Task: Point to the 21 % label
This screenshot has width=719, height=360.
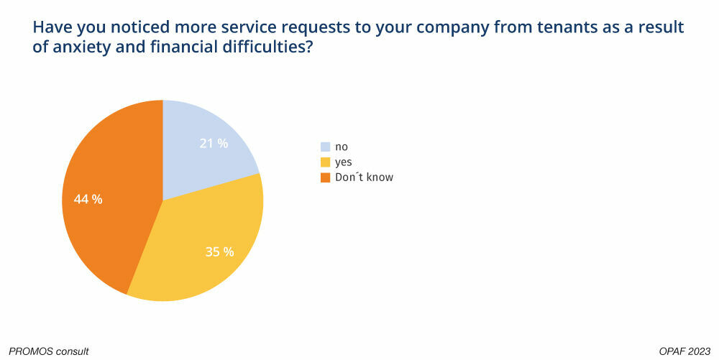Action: (214, 143)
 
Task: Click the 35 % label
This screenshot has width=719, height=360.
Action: (219, 251)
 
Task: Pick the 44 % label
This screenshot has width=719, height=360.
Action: (88, 199)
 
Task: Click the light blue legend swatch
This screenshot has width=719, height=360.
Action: (325, 147)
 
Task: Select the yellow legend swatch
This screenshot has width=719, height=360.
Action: (325, 162)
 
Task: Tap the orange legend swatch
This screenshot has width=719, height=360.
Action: (325, 177)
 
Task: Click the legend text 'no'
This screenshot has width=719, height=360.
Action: (342, 147)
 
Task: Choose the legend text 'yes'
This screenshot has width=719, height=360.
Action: (344, 162)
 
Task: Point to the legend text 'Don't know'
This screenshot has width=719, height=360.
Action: (364, 177)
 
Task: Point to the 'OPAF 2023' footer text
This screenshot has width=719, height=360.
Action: (684, 351)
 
